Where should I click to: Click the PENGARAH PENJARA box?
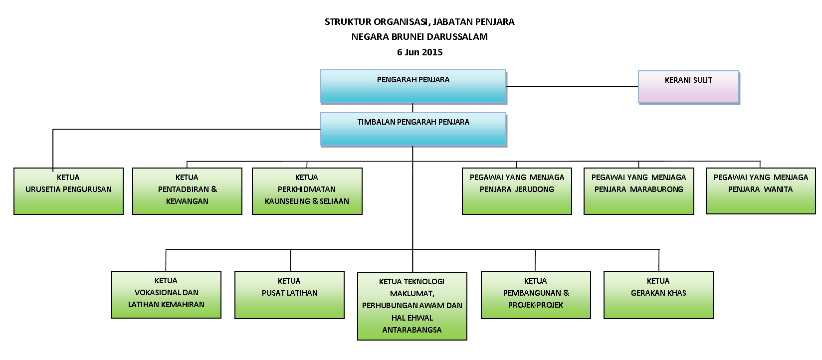(413, 86)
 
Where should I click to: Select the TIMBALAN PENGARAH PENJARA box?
(413, 129)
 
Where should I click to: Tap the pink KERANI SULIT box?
(688, 87)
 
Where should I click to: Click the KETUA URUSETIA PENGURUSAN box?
(69, 191)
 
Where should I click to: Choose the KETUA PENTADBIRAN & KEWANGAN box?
(187, 191)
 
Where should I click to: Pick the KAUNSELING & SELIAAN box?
(307, 191)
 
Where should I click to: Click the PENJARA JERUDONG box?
(517, 191)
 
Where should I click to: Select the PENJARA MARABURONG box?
(639, 191)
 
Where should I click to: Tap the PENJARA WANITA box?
(761, 191)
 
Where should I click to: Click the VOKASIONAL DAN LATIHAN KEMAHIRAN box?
(166, 295)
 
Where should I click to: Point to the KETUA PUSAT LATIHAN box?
(289, 295)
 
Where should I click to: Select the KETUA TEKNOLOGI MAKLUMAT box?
(412, 306)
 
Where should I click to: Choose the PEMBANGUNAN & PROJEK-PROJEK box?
(536, 295)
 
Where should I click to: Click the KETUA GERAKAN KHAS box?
(659, 295)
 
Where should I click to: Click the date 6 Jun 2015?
(420, 52)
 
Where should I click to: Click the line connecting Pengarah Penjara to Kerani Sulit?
(573, 87)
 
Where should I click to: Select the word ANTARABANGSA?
(411, 330)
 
